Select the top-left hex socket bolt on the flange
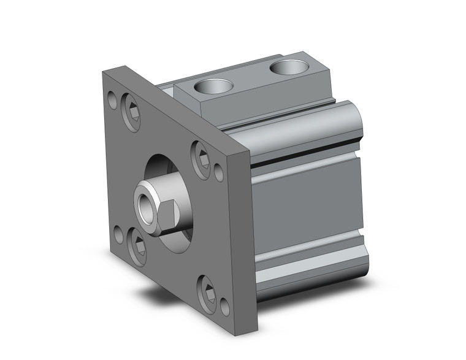[131, 110]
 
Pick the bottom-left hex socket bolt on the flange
[139, 245]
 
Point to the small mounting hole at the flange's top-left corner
[112, 98]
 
